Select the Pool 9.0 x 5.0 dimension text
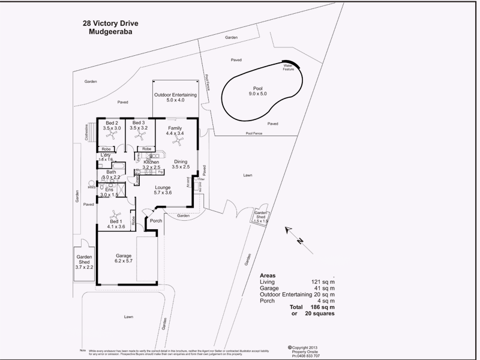click(258, 91)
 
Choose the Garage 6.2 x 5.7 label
click(124, 259)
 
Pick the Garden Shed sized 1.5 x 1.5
click(260, 217)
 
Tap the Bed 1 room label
click(115, 224)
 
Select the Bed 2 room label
click(112, 125)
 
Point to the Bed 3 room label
click(139, 125)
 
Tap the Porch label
click(156, 221)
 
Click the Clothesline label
click(87, 132)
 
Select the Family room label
click(175, 131)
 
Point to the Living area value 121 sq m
click(322, 281)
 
